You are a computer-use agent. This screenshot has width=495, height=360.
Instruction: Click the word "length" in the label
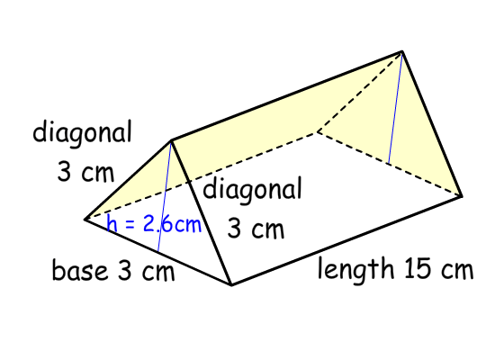355,268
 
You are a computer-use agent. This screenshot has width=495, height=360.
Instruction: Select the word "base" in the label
79,270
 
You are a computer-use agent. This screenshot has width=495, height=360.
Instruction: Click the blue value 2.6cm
172,224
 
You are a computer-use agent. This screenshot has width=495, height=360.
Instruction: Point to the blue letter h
112,223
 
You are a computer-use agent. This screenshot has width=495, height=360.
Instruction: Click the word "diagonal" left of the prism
82,132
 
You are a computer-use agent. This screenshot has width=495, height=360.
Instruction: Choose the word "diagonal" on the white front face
252,190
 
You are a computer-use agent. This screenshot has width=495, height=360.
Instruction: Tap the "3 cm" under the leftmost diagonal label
85,173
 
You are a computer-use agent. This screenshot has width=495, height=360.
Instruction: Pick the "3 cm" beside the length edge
256,229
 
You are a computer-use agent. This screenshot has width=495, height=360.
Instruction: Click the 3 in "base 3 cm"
124,270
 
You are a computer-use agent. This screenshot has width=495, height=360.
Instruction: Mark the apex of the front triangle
171,139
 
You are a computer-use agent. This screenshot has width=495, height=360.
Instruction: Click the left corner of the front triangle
85,219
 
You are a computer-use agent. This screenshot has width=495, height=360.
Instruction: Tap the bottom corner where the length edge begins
231,284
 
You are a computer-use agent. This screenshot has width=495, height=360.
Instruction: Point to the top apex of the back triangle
402,50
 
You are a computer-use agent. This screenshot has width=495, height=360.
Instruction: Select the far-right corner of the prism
462,196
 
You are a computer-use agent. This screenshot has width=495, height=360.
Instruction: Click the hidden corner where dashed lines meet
318,131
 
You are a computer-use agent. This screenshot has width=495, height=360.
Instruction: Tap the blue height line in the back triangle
395,107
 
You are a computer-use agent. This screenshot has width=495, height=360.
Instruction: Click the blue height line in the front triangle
165,196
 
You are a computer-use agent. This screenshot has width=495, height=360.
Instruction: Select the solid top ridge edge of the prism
286,95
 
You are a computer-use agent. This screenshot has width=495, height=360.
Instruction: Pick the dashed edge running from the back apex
360,91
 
